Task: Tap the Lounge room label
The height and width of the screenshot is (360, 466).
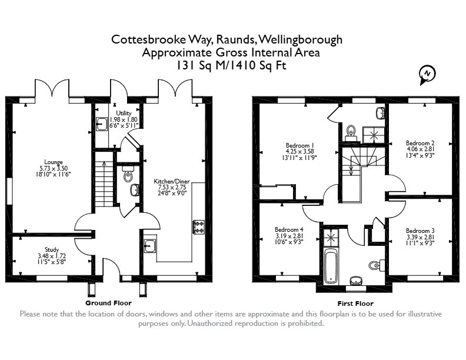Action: click(54, 162)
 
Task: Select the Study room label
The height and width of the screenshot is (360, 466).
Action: click(52, 249)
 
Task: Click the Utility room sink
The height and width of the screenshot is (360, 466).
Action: click(102, 124)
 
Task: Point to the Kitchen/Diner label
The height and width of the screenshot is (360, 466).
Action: click(172, 181)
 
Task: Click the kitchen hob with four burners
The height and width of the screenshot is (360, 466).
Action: click(198, 226)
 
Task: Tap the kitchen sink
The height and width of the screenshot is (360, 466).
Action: click(150, 246)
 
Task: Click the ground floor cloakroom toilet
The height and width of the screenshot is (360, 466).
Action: click(128, 174)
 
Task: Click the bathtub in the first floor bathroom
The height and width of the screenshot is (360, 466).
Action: click(331, 266)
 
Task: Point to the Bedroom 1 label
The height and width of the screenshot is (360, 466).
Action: click(299, 145)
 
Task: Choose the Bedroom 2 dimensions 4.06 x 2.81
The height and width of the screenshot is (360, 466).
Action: click(420, 149)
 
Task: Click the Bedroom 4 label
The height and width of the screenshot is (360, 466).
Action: click(289, 229)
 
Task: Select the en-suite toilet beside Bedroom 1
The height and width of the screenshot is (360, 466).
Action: click(351, 132)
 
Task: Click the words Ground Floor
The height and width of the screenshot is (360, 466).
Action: click(108, 303)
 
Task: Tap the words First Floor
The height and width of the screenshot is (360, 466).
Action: click(355, 304)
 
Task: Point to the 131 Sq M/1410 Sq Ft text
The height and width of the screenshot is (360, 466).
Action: click(231, 65)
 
